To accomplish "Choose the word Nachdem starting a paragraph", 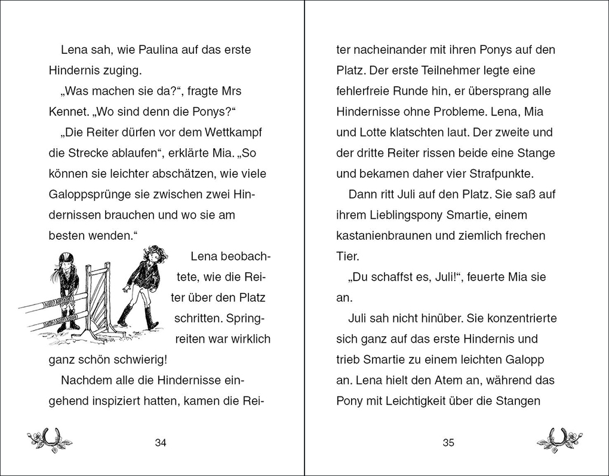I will click(87, 380).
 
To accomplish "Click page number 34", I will click(160, 443).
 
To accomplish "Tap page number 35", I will click(449, 443).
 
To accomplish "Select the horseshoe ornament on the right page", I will click(559, 441).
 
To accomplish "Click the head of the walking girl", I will click(155, 254).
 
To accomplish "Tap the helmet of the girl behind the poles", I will click(66, 258).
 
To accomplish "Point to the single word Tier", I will click(347, 257).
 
